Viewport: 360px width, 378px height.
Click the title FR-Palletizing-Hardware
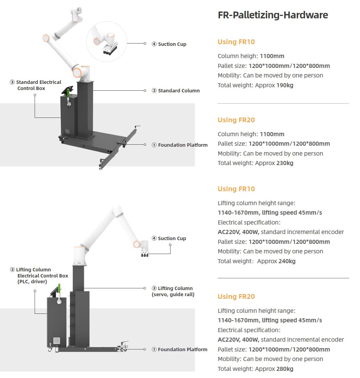pyautogui.click(x=273, y=15)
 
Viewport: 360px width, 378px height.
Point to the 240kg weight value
pyautogui.click(x=287, y=261)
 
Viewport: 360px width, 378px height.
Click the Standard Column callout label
pyautogui.click(x=179, y=91)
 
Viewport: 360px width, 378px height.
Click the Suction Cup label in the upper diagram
pyautogui.click(x=172, y=44)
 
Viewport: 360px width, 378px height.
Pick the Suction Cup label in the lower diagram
pyautogui.click(x=172, y=238)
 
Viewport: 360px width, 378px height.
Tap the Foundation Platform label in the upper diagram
pyautogui.click(x=182, y=145)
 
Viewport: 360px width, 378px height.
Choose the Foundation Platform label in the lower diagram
pyautogui.click(x=182, y=349)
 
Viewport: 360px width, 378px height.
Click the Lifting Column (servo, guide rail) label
pyautogui.click(x=173, y=291)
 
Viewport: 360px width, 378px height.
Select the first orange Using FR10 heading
pyautogui.click(x=236, y=42)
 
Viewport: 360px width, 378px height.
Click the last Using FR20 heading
pyautogui.click(x=236, y=297)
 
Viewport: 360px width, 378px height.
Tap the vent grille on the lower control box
pyautogui.click(x=56, y=340)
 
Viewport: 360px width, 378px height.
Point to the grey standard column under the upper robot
pyautogui.click(x=85, y=109)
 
